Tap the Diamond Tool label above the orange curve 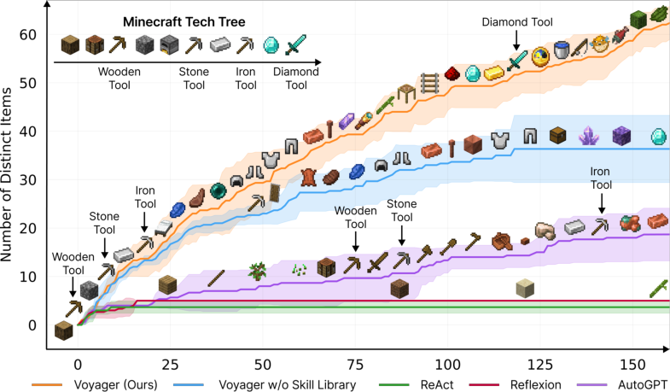[516, 22]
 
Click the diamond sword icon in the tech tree [295, 45]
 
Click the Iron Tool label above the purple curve [601, 178]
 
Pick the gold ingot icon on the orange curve [494, 73]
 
